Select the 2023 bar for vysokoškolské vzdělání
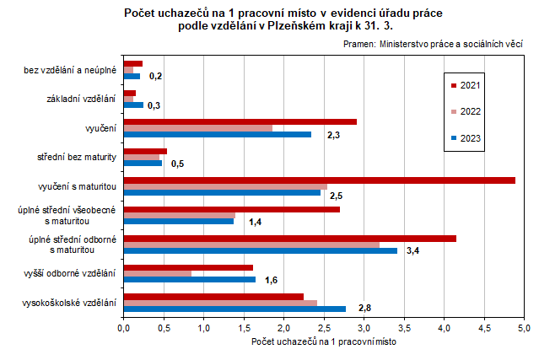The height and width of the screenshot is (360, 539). (234, 309)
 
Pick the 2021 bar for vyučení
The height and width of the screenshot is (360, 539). (240, 121)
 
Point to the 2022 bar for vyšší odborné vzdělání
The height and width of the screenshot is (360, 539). (157, 274)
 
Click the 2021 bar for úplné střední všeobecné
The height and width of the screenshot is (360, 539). (231, 209)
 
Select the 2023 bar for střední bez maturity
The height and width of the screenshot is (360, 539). (143, 163)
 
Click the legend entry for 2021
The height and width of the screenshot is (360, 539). (465, 86)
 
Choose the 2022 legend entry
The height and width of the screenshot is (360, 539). (465, 111)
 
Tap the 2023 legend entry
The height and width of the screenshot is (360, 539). (465, 137)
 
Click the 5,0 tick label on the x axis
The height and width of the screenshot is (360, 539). (524, 327)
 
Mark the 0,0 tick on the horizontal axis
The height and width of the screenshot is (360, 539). (124, 327)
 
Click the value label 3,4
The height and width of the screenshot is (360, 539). (413, 251)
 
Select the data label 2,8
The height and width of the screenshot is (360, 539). (365, 309)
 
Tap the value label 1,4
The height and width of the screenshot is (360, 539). (256, 222)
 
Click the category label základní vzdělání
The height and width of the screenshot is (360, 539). (80, 99)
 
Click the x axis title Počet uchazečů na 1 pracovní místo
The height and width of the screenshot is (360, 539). (324, 342)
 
